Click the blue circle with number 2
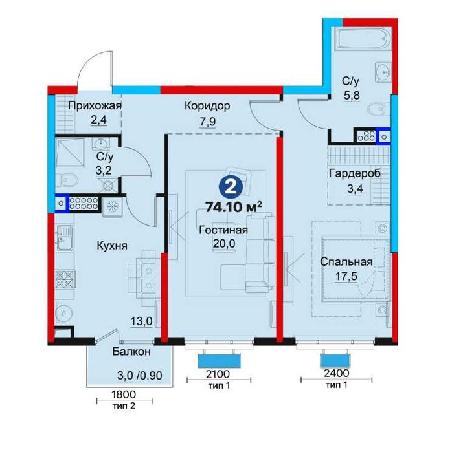point(231,188)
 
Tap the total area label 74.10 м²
point(234,207)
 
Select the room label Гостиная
point(223,230)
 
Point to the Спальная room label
point(346,261)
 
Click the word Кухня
point(112,246)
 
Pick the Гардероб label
point(355,173)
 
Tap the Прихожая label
point(95,105)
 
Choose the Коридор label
point(207,105)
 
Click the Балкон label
point(131,352)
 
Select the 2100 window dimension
point(218,374)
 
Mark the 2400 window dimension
point(336,373)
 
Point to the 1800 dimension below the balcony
point(124,394)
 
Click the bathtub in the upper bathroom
point(365,39)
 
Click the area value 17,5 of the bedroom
point(346,276)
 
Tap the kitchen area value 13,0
point(141,321)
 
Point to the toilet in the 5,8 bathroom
point(379,109)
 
